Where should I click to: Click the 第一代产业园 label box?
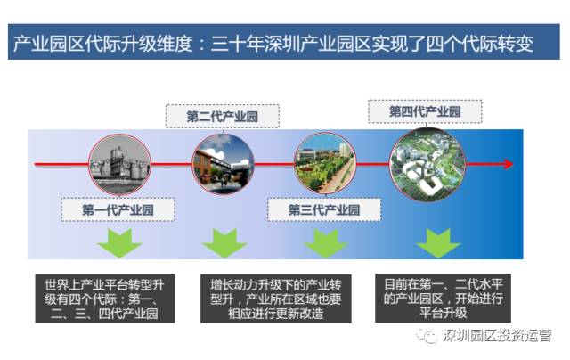pyautogui.click(x=118, y=209)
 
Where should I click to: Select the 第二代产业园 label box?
pyautogui.click(x=223, y=117)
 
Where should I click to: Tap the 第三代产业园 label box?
pyautogui.click(x=324, y=209)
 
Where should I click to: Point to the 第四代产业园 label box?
pyautogui.click(x=425, y=111)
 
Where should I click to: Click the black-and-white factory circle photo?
pyautogui.click(x=119, y=164)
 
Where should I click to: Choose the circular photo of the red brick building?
pyautogui.click(x=223, y=164)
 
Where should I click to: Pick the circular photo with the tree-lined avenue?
pyautogui.click(x=324, y=163)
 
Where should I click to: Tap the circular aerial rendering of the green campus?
pyautogui.click(x=427, y=164)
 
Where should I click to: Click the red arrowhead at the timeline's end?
pyautogui.click(x=509, y=164)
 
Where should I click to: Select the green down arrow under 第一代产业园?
pyautogui.click(x=119, y=243)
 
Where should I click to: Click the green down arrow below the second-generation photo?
pyautogui.click(x=224, y=243)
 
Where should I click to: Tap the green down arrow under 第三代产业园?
pyautogui.click(x=325, y=243)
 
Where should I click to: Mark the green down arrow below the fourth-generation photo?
pyautogui.click(x=438, y=243)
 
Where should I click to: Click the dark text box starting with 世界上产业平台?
pyautogui.click(x=105, y=299)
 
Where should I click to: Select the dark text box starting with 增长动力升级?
pyautogui.click(x=276, y=299)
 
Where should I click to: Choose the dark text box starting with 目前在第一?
pyautogui.click(x=444, y=299)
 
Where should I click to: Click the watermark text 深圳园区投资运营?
pyautogui.click(x=497, y=335)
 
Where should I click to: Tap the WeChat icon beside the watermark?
pyautogui.click(x=427, y=336)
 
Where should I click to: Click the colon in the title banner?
pyautogui.click(x=202, y=45)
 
